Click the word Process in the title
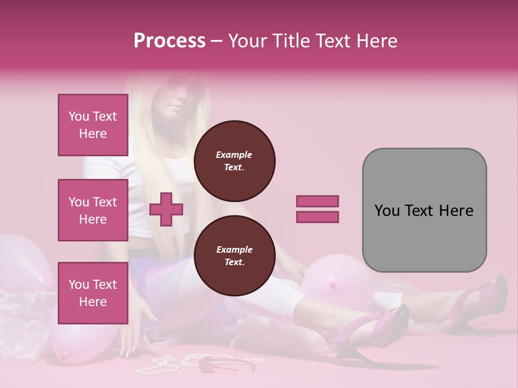point(169,41)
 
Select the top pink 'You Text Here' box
point(93,125)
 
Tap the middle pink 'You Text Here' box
point(93,210)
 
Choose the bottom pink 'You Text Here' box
point(93,293)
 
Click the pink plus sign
point(166,209)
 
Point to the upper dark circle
point(234,161)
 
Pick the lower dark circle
point(234,256)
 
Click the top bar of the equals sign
point(317,201)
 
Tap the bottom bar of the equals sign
point(317,217)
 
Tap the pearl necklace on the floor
point(162,366)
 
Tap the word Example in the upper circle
point(234,155)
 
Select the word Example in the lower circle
point(234,250)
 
